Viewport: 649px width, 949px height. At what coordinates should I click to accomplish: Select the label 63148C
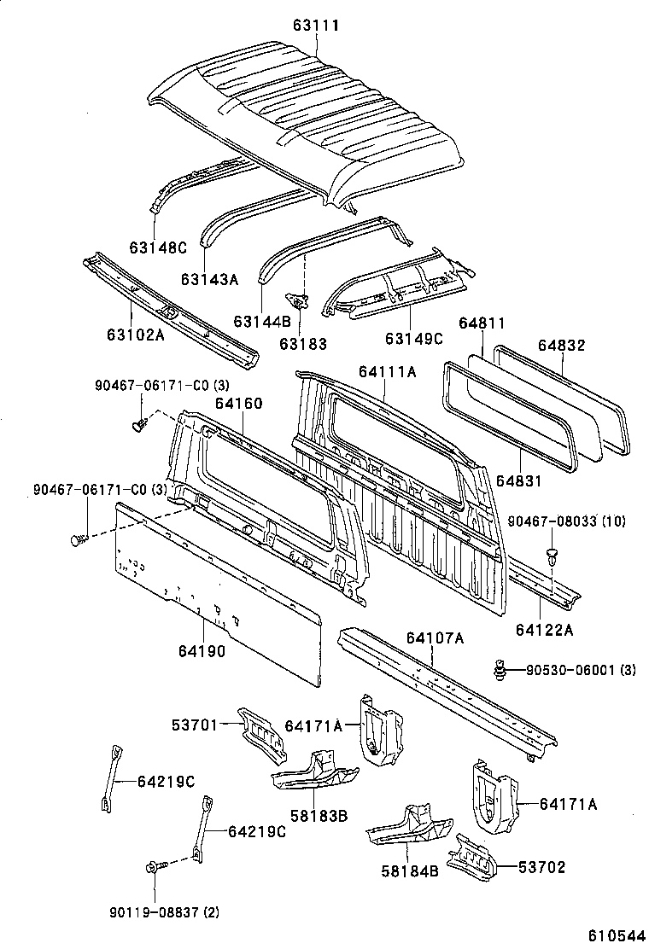(158, 247)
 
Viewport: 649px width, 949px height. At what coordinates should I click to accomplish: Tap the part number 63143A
(209, 278)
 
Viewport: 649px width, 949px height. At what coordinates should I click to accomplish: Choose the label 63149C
(414, 339)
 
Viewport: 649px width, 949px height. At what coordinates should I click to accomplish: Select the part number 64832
(561, 345)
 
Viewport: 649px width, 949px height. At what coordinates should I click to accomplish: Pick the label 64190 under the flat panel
(202, 651)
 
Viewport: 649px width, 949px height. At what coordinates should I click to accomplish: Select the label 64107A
(435, 638)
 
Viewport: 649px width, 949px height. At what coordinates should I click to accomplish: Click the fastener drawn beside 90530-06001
(502, 670)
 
